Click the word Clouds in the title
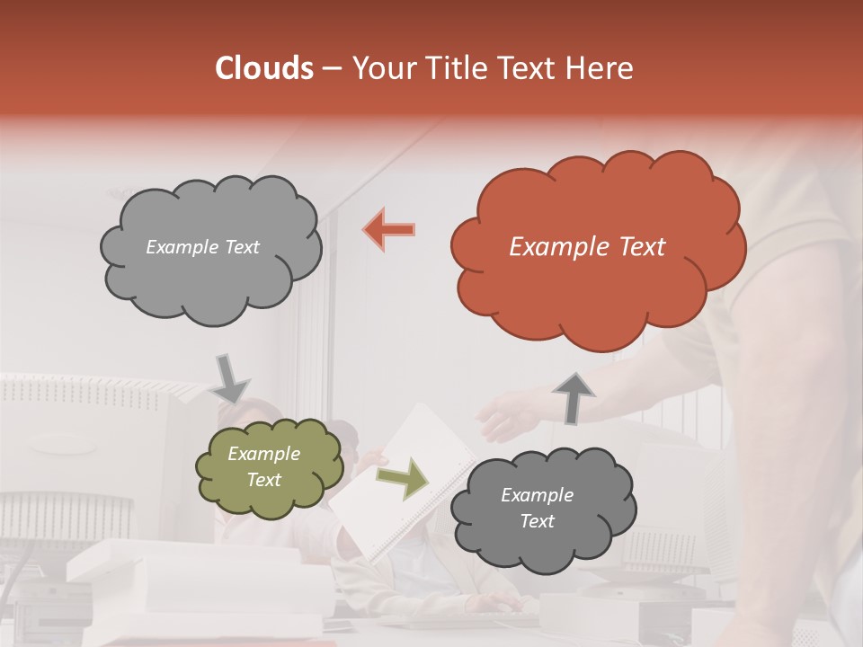click(x=264, y=68)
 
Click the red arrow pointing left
click(x=389, y=230)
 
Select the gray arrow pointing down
click(x=229, y=378)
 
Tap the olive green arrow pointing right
click(x=403, y=479)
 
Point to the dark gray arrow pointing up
click(x=574, y=396)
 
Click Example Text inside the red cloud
click(x=587, y=247)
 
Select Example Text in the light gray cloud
click(x=202, y=247)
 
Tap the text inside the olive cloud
click(x=263, y=467)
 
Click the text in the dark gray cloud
click(x=537, y=508)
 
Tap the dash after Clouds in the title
click(x=332, y=69)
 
